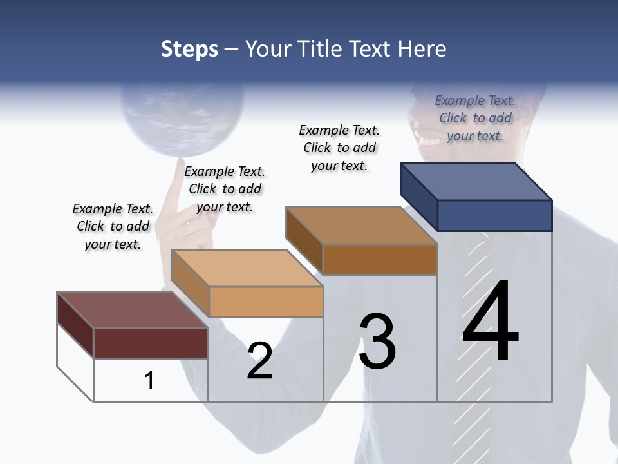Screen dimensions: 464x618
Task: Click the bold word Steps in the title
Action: pos(189,49)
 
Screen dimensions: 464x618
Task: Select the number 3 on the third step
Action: pos(377,341)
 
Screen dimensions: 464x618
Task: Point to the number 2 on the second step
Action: pos(260,361)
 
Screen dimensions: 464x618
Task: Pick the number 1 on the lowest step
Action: pos(149,380)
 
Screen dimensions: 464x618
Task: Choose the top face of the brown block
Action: pos(360,226)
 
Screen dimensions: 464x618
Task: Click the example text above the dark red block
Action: pos(113,226)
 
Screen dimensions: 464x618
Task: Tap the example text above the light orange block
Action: pos(225,189)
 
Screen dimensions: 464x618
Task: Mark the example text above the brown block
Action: pos(339,148)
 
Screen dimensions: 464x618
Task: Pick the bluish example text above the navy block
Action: pos(475,118)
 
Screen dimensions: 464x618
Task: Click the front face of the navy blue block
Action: pos(494,215)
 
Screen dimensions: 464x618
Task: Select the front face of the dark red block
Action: pos(151,343)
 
